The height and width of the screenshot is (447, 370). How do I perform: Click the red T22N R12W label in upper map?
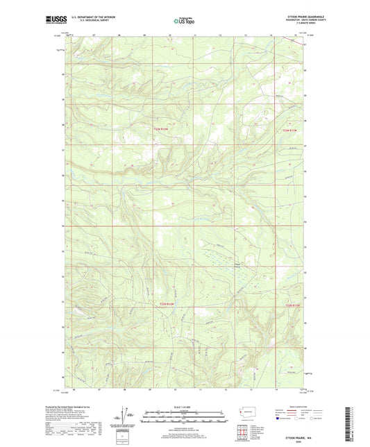(x=161, y=128)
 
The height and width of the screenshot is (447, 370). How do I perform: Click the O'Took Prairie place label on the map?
(x=237, y=264)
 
